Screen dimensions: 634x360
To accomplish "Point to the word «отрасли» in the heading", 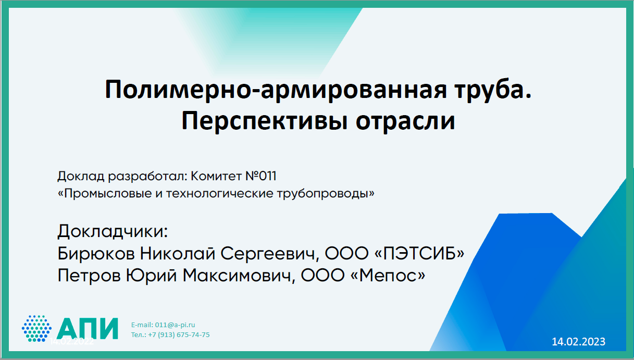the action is [405, 122].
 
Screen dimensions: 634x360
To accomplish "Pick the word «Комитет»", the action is [216, 176].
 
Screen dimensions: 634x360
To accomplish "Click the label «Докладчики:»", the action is [113, 231].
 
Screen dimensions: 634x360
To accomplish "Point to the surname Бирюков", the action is [96, 253].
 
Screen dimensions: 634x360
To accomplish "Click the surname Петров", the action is [89, 276].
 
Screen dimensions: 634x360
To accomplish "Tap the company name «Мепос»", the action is [388, 276].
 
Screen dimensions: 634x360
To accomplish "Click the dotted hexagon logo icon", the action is [36, 329].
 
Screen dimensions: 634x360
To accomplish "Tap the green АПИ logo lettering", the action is [87, 329].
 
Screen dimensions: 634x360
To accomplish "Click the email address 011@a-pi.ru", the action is [175, 325].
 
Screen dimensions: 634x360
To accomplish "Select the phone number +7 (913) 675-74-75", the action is [179, 335].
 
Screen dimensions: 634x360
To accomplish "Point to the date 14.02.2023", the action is [579, 342].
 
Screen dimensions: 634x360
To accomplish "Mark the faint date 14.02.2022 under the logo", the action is [71, 341].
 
